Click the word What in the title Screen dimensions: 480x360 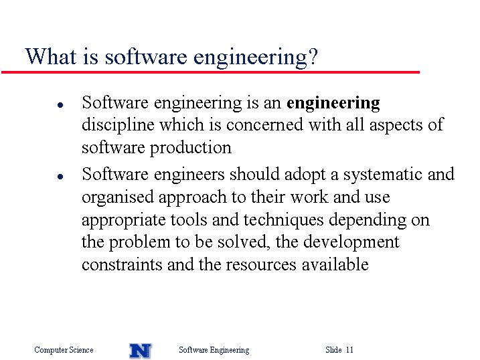click(x=50, y=56)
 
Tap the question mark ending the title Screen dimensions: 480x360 click(x=313, y=56)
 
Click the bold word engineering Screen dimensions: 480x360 click(x=333, y=104)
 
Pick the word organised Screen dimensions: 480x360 click(x=118, y=197)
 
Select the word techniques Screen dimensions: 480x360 click(x=283, y=221)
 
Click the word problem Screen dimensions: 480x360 click(x=140, y=242)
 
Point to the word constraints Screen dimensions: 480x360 click(x=122, y=264)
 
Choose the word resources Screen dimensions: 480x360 click(x=261, y=265)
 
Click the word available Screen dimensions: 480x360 click(x=335, y=264)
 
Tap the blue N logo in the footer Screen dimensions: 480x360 click(x=141, y=351)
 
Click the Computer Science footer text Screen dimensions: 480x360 click(x=64, y=350)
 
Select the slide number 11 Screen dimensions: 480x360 click(x=349, y=349)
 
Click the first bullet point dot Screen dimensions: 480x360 click(x=60, y=105)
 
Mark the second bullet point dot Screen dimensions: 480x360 click(x=60, y=177)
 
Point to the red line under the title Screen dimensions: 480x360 click(x=210, y=72)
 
